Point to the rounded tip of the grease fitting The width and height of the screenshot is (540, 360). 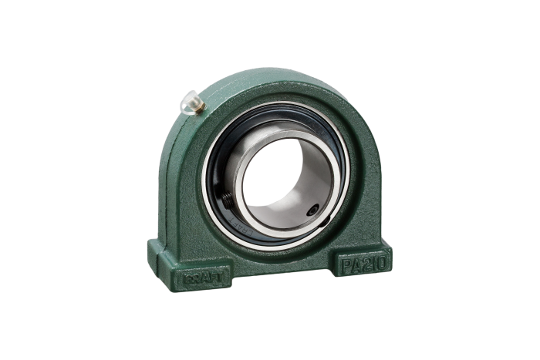coord(185,101)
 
